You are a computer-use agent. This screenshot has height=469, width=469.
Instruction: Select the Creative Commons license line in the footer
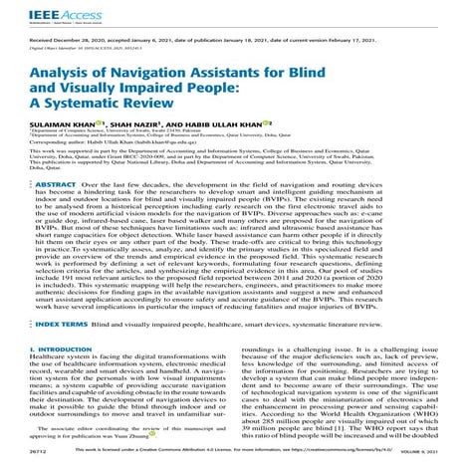click(x=234, y=461)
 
